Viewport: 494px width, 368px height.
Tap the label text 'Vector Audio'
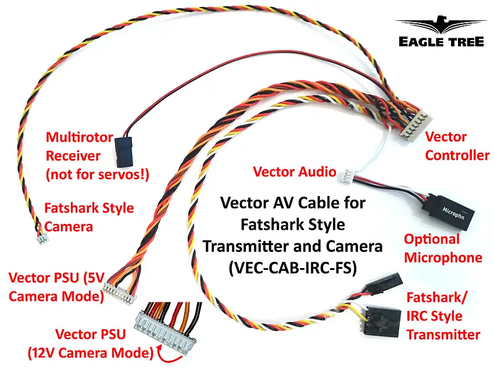click(x=294, y=172)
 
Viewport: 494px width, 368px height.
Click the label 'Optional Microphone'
click(x=443, y=248)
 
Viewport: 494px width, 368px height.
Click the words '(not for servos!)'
click(x=97, y=174)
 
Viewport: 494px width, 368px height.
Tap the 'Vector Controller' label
click(x=457, y=146)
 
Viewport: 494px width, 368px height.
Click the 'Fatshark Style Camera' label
click(x=89, y=217)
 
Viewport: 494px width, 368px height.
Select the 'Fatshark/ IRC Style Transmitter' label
click(x=443, y=316)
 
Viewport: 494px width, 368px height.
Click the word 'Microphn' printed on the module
click(x=455, y=209)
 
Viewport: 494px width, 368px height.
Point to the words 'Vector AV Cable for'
click(x=292, y=203)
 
